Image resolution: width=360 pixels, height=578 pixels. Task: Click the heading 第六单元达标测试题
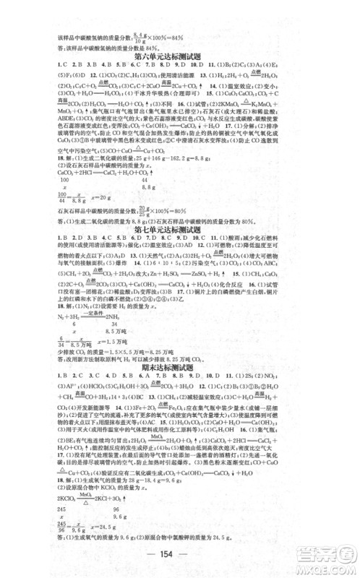click(x=179, y=55)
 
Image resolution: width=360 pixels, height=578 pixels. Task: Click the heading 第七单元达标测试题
click(x=179, y=230)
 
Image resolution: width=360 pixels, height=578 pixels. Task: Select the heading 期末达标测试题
click(x=179, y=375)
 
